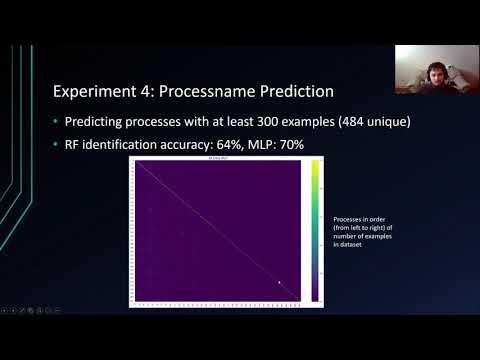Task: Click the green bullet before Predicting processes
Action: click(x=55, y=121)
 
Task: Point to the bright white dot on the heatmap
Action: click(x=279, y=283)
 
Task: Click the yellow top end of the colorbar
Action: click(x=314, y=166)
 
